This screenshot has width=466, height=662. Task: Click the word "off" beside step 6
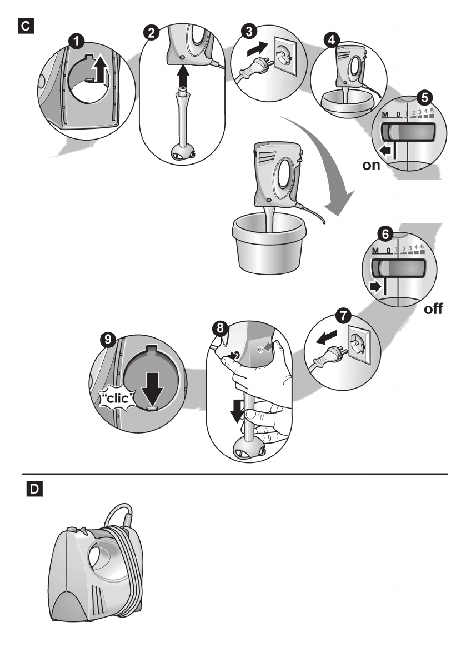[x=434, y=308]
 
